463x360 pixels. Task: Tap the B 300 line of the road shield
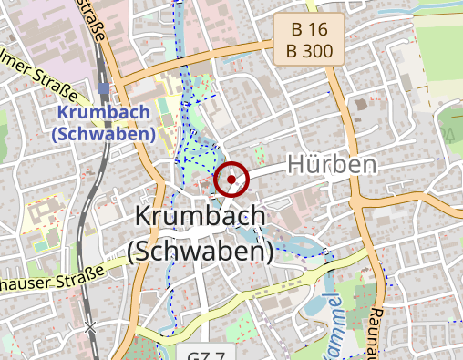pyautogui.click(x=309, y=51)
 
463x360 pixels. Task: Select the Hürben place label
pyautogui.click(x=332, y=165)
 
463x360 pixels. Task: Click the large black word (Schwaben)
pyautogui.click(x=201, y=251)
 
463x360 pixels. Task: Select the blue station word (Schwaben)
pyautogui.click(x=103, y=133)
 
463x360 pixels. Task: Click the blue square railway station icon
pyautogui.click(x=103, y=89)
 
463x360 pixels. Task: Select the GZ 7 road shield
pyautogui.click(x=211, y=354)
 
